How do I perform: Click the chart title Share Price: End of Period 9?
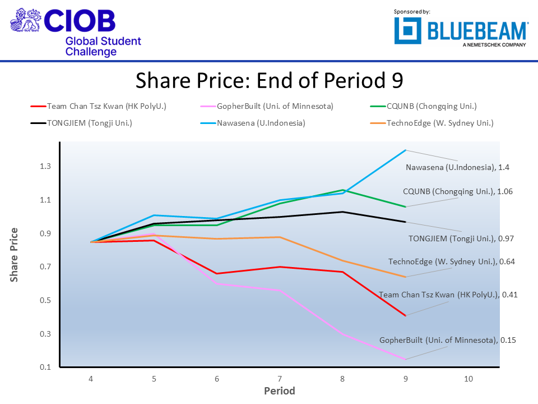click(269, 81)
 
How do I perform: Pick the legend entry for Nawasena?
click(261, 123)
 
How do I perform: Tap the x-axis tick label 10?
click(469, 379)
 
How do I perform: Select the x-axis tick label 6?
click(217, 379)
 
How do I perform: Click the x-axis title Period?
click(279, 391)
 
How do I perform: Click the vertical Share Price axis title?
click(15, 255)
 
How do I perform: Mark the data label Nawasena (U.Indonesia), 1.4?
click(457, 167)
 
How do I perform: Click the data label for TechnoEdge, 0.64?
click(451, 261)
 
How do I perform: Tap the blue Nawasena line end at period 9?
click(405, 150)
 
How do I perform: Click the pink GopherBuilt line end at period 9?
click(405, 359)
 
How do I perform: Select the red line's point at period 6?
click(217, 273)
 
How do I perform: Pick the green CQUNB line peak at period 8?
click(342, 190)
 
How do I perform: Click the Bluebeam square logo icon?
click(408, 31)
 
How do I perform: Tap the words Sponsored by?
click(412, 12)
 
